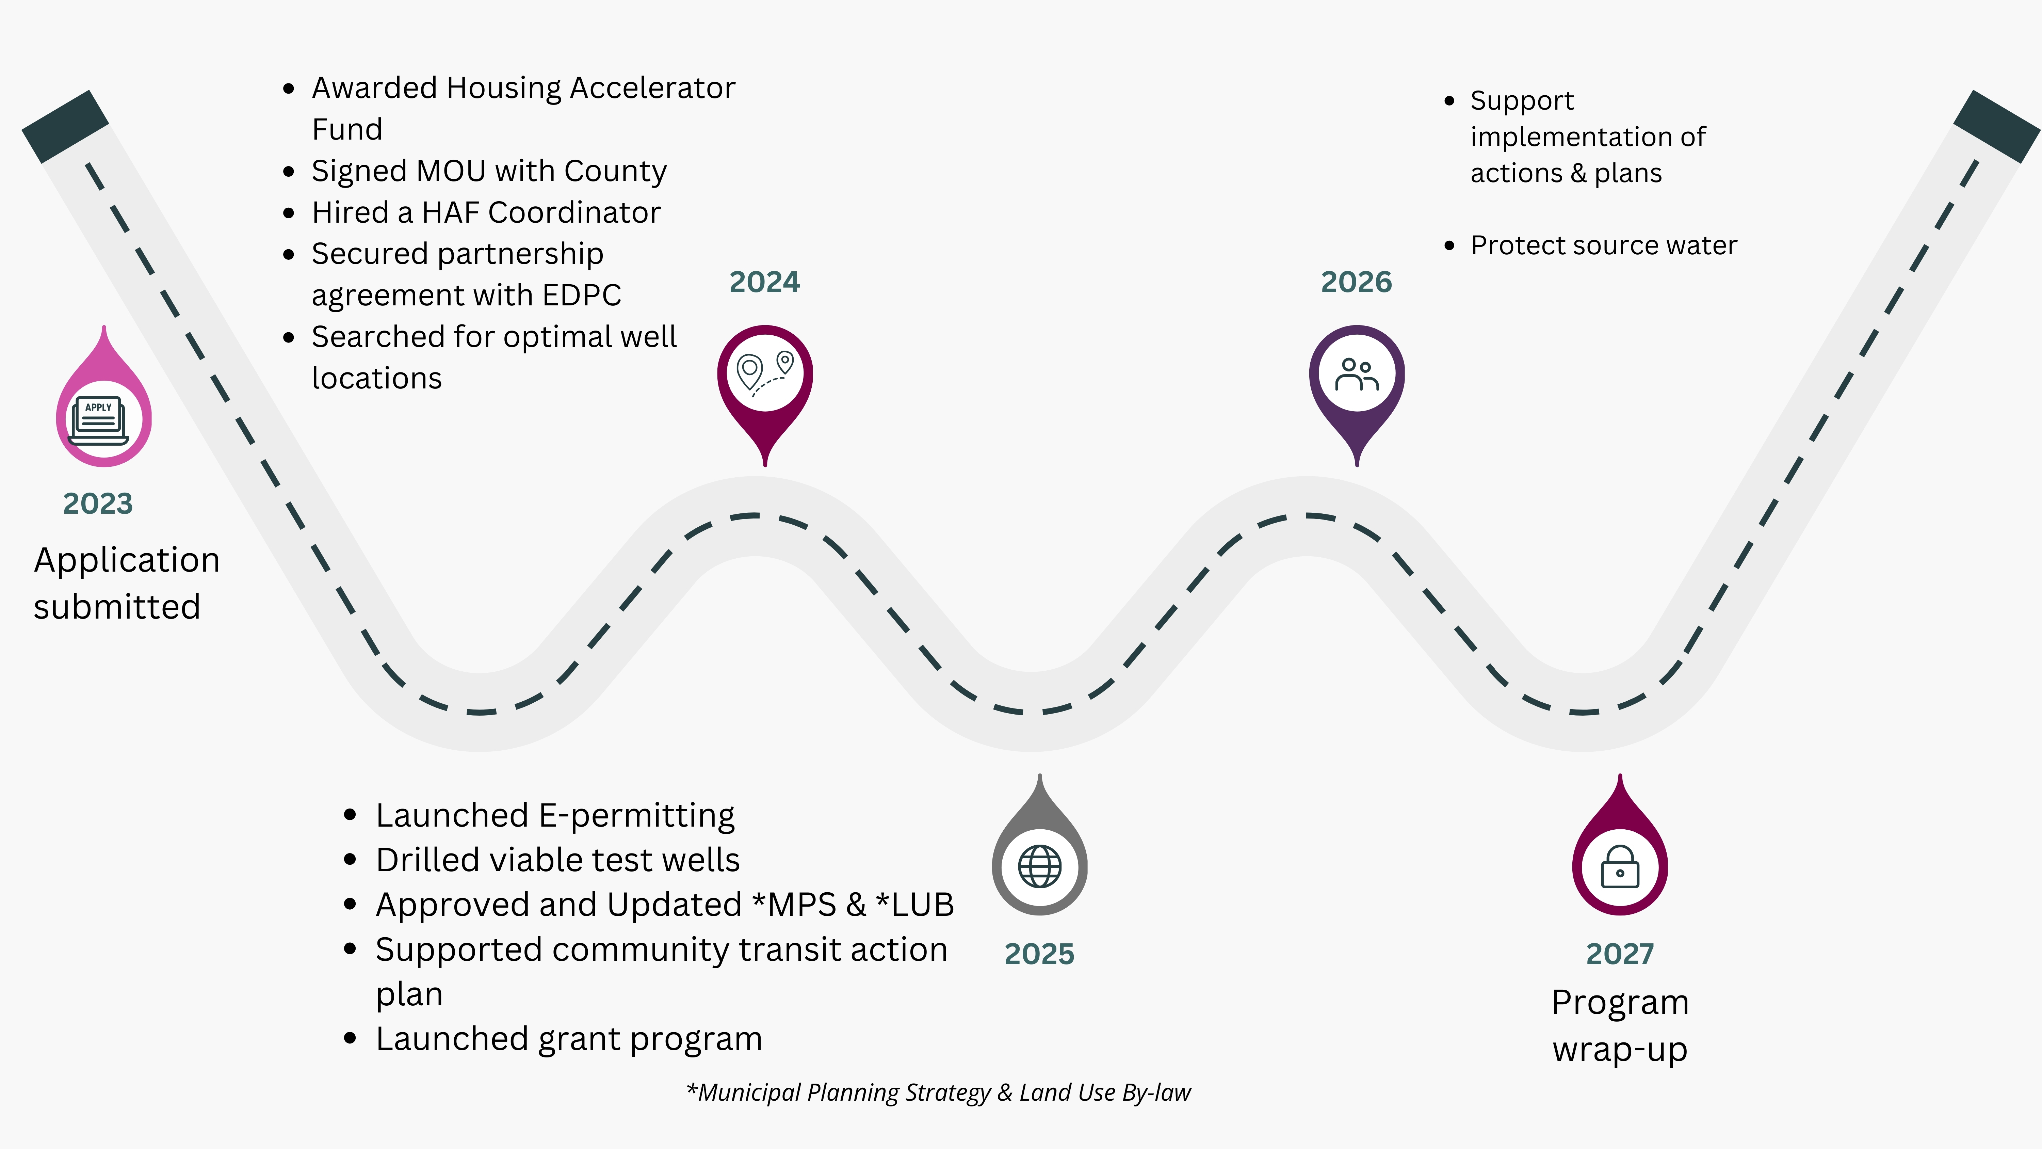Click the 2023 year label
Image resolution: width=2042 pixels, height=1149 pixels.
[98, 504]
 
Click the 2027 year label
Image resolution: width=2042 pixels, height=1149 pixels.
[1620, 954]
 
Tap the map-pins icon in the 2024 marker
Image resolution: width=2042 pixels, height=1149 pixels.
[765, 373]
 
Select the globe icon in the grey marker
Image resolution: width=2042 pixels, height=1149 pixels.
[1039, 866]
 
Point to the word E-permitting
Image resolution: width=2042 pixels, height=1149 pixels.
[636, 816]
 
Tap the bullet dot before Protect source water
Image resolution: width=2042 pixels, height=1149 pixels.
[1449, 246]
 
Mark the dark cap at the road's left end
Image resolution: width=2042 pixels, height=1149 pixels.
[65, 126]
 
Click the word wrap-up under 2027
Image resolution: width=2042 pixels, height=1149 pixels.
[1620, 1049]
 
